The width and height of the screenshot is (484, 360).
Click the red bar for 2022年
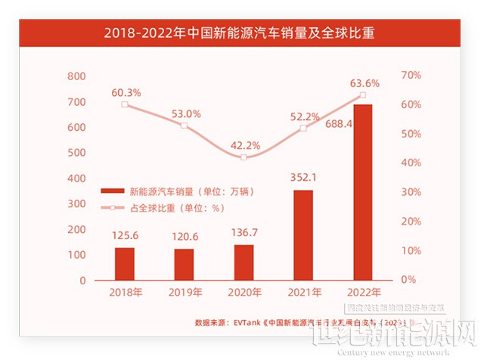click(363, 192)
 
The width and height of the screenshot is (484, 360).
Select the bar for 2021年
click(303, 234)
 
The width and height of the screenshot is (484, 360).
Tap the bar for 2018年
click(125, 263)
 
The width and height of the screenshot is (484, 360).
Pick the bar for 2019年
click(184, 264)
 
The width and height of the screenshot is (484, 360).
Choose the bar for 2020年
click(244, 262)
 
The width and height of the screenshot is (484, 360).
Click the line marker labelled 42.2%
click(244, 157)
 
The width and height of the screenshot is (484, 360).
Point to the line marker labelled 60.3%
click(125, 104)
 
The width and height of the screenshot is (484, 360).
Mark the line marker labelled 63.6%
click(363, 95)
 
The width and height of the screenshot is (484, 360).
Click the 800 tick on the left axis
click(76, 76)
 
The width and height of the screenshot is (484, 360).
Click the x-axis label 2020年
click(244, 293)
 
